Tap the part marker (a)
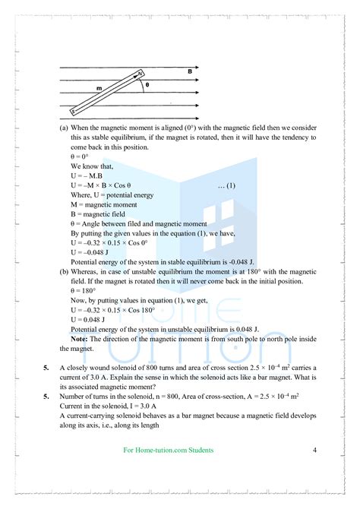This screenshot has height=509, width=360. tap(64, 128)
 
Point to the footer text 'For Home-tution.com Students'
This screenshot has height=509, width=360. tap(169, 451)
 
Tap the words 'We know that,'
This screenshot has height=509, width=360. tap(91, 166)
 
